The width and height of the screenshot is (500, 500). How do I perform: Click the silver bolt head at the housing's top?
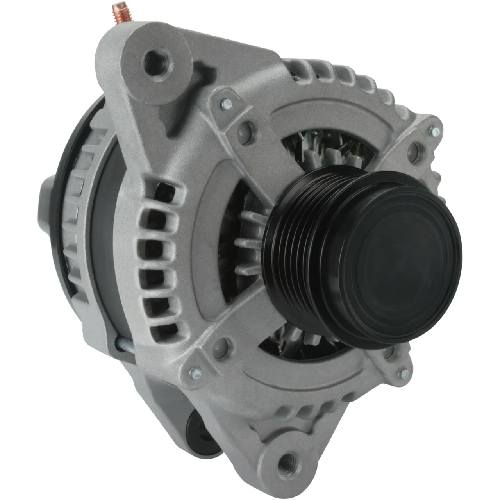[x=226, y=104]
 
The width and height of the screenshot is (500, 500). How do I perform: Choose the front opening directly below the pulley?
[x=297, y=344]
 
